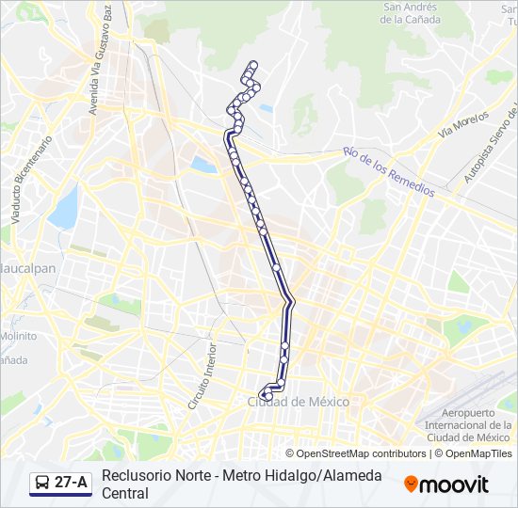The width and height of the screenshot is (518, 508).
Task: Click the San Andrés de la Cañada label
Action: (x=411, y=12)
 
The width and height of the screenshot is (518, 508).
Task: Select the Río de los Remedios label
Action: (x=388, y=170)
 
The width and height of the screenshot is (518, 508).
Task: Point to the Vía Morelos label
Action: (x=463, y=125)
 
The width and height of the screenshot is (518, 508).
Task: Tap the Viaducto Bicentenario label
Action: (x=30, y=178)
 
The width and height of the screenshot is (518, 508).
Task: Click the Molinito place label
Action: (x=18, y=335)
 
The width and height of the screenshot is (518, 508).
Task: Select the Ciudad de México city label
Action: (x=298, y=402)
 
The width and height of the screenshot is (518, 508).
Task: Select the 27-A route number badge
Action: (x=72, y=483)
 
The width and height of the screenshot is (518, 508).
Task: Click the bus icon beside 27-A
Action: (x=42, y=484)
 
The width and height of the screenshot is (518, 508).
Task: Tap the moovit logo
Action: (x=446, y=484)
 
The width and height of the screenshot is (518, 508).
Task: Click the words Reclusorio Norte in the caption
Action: (x=154, y=475)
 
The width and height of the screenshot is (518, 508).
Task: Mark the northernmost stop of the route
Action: (x=251, y=65)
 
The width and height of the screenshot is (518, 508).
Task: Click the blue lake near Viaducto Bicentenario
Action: (x=65, y=208)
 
